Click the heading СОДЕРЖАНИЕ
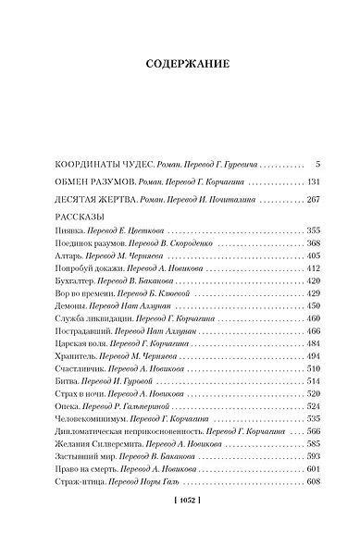point(180,65)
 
